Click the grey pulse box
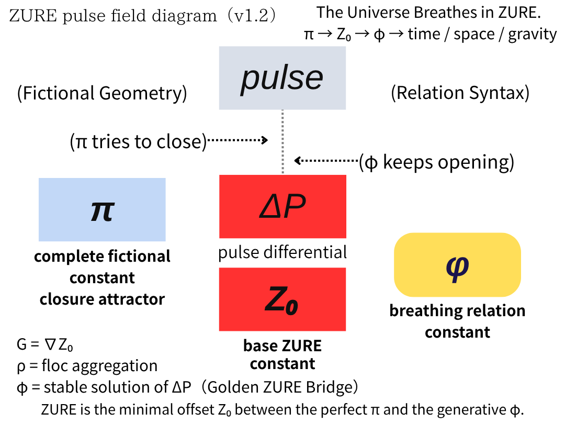(x=282, y=77)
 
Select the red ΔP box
(x=282, y=206)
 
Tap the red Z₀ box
(x=282, y=299)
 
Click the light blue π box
(x=102, y=209)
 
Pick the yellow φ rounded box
(x=457, y=264)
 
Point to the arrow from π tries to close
(x=238, y=140)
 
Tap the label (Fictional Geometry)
(x=101, y=93)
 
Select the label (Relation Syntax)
(x=460, y=93)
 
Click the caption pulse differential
(x=282, y=252)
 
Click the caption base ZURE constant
(x=282, y=354)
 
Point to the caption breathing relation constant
(x=457, y=321)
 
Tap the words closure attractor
(x=102, y=299)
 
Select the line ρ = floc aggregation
(x=87, y=365)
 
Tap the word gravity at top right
(x=532, y=34)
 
